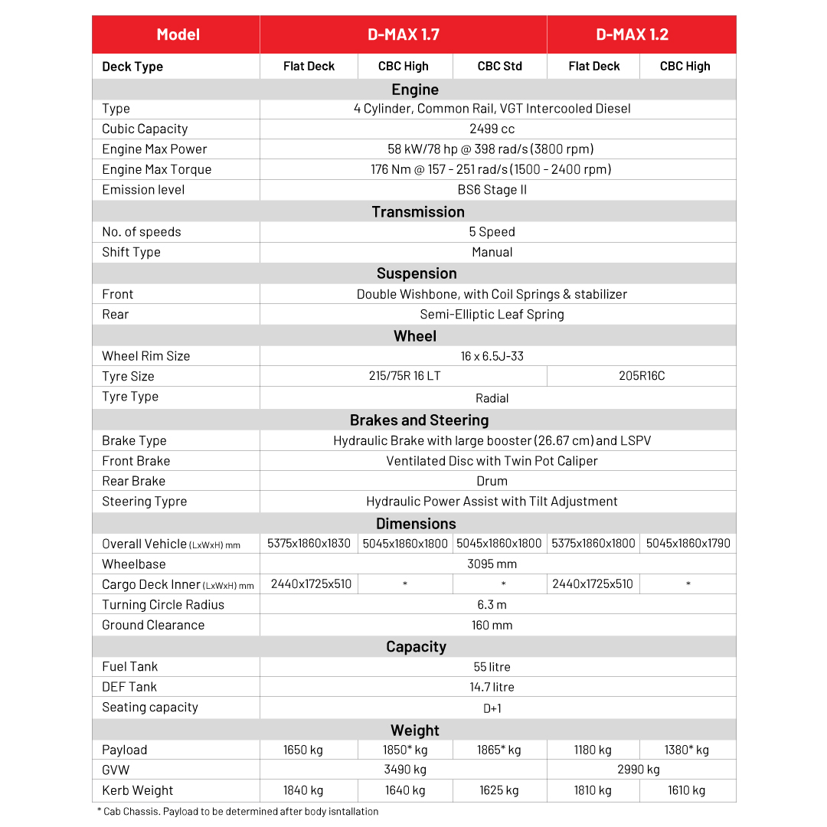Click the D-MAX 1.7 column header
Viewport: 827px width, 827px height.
click(x=403, y=34)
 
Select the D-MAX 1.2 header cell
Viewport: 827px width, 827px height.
click(x=632, y=34)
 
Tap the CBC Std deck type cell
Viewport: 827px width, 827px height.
click(x=499, y=67)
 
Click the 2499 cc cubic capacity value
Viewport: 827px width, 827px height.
click(x=492, y=129)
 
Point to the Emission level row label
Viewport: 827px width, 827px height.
click(x=143, y=190)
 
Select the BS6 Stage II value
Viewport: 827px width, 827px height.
click(x=492, y=190)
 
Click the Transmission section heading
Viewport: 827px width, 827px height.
click(x=417, y=212)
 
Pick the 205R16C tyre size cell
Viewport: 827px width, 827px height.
click(x=642, y=376)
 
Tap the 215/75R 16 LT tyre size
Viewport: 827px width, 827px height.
click(x=404, y=376)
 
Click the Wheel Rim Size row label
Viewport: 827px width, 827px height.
click(x=145, y=356)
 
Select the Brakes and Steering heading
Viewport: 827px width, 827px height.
click(x=419, y=420)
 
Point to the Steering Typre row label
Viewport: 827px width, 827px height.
click(x=144, y=502)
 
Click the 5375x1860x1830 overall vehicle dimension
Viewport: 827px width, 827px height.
click(x=309, y=544)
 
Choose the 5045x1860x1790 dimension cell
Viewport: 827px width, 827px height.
click(x=688, y=544)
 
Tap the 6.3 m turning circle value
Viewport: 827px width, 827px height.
click(x=492, y=605)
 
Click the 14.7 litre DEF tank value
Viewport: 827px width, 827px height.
click(x=492, y=687)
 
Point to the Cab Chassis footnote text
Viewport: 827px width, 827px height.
click(x=237, y=812)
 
